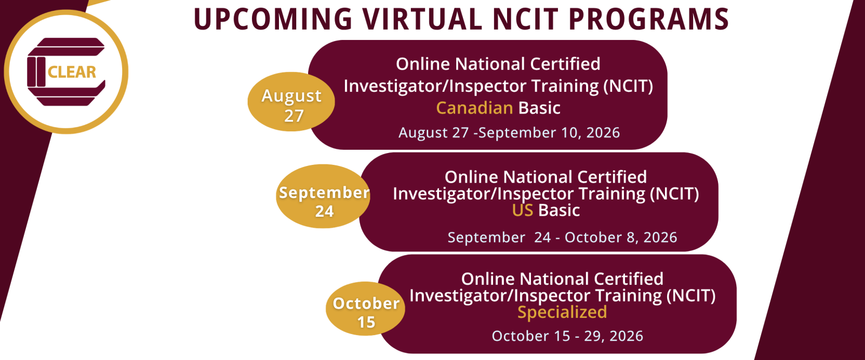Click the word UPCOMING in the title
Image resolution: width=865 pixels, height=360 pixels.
click(273, 19)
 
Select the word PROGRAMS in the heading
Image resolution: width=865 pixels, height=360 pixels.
click(649, 19)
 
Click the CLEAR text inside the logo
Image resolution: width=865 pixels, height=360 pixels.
click(72, 72)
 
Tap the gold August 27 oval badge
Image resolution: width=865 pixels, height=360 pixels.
click(291, 102)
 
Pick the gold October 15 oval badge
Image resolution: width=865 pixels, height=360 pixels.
click(365, 309)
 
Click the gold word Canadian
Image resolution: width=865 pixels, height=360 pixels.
click(474, 108)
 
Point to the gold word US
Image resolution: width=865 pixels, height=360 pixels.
click(522, 210)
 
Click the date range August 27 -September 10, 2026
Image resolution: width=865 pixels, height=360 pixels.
click(509, 132)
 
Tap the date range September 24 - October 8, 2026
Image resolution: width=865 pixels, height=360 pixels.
click(562, 237)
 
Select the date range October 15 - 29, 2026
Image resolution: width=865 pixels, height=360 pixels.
click(567, 336)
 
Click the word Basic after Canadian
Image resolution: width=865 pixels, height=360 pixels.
click(539, 108)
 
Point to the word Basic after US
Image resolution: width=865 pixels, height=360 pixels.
click(559, 210)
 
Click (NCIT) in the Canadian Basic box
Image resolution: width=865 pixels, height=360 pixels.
click(628, 86)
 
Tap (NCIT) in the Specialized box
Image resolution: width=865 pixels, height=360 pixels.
click(691, 296)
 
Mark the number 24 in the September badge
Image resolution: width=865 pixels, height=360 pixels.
click(324, 211)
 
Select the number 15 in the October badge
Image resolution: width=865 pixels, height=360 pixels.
click(366, 322)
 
